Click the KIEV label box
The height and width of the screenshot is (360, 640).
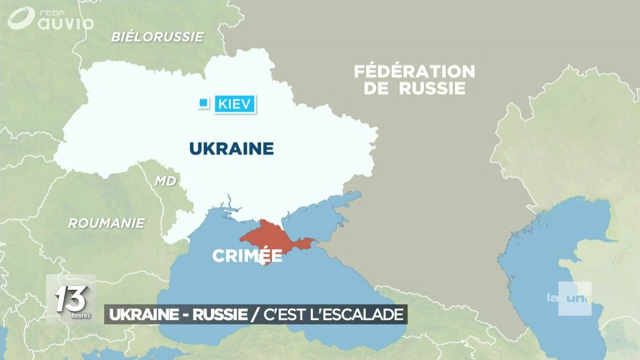click(x=235, y=104)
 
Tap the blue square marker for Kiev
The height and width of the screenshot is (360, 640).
click(x=204, y=104)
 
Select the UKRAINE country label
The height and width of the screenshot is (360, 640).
click(x=231, y=149)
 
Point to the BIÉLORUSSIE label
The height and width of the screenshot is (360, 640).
click(x=157, y=37)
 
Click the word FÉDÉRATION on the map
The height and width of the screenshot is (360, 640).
click(x=414, y=71)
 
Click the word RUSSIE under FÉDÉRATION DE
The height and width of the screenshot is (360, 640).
click(x=432, y=88)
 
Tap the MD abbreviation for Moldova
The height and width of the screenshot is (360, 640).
click(x=165, y=181)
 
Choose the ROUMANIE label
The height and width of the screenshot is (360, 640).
click(x=107, y=223)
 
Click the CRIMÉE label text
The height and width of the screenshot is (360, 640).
click(x=247, y=256)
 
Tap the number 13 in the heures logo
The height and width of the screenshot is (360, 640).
click(x=71, y=297)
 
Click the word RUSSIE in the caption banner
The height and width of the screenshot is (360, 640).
click(x=219, y=314)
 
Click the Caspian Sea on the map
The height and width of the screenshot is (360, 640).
click(x=554, y=267)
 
